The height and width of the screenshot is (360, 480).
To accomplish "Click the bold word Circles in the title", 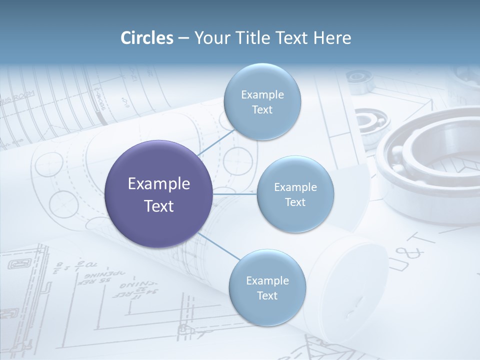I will tap(147, 38).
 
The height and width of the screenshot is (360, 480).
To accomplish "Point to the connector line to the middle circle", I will tap(235, 194).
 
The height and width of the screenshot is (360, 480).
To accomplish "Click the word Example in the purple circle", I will tap(159, 184).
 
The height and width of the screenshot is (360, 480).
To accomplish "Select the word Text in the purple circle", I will tap(159, 206).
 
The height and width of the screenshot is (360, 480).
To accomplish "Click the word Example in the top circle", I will tap(262, 95).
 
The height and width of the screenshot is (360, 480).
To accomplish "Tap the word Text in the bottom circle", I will tap(267, 295).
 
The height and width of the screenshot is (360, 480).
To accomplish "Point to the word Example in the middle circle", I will tap(295, 187).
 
